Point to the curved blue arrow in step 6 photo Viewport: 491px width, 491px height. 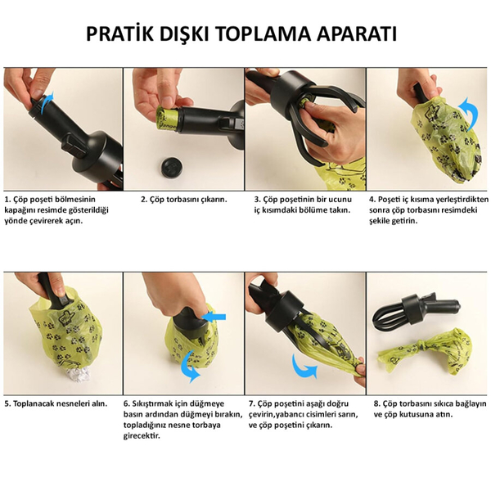[x=191, y=363]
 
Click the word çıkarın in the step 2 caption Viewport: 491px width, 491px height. [x=212, y=199]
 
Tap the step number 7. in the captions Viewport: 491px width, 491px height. [x=252, y=403]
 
